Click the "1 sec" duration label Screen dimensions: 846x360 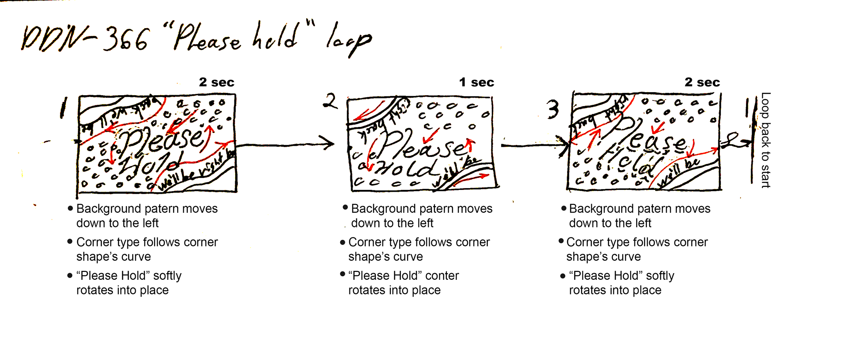tap(476, 82)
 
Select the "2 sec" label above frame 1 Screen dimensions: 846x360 tap(216, 82)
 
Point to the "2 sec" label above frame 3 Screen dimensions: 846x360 tap(702, 82)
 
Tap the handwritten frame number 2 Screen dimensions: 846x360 tap(330, 101)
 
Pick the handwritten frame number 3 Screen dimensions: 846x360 tap(553, 109)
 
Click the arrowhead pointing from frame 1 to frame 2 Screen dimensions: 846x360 tap(329, 143)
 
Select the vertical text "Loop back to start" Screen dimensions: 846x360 tap(766, 140)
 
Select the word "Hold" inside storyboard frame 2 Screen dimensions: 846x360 tap(405, 168)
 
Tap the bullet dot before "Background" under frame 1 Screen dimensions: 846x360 tap(70, 208)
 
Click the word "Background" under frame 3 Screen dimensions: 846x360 tap(601, 208)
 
